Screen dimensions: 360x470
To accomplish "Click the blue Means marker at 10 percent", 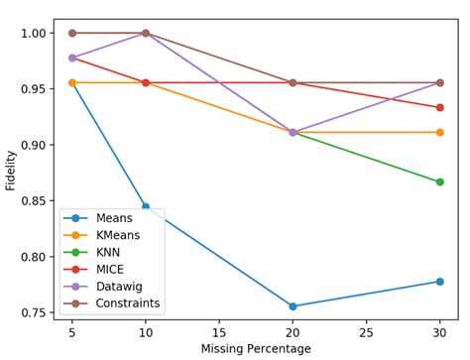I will coord(146,207).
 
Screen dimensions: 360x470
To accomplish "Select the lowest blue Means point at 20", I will coord(293,306).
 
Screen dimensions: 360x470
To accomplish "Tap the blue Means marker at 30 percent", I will coord(439,282).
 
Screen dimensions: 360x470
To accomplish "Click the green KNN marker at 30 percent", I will coord(439,181).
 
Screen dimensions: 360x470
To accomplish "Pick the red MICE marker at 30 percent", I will coord(439,107).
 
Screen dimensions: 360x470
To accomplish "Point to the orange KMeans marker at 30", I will coord(439,132).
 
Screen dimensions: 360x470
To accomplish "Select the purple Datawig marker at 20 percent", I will coord(293,132).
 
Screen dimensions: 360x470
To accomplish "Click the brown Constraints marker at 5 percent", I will coord(72,33).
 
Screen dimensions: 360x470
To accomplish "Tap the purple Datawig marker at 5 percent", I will coord(72,58).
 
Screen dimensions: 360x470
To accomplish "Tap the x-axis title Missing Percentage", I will coord(256,349).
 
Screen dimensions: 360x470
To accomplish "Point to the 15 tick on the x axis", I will coord(219,332).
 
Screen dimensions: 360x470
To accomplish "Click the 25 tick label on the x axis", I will coord(366,332).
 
